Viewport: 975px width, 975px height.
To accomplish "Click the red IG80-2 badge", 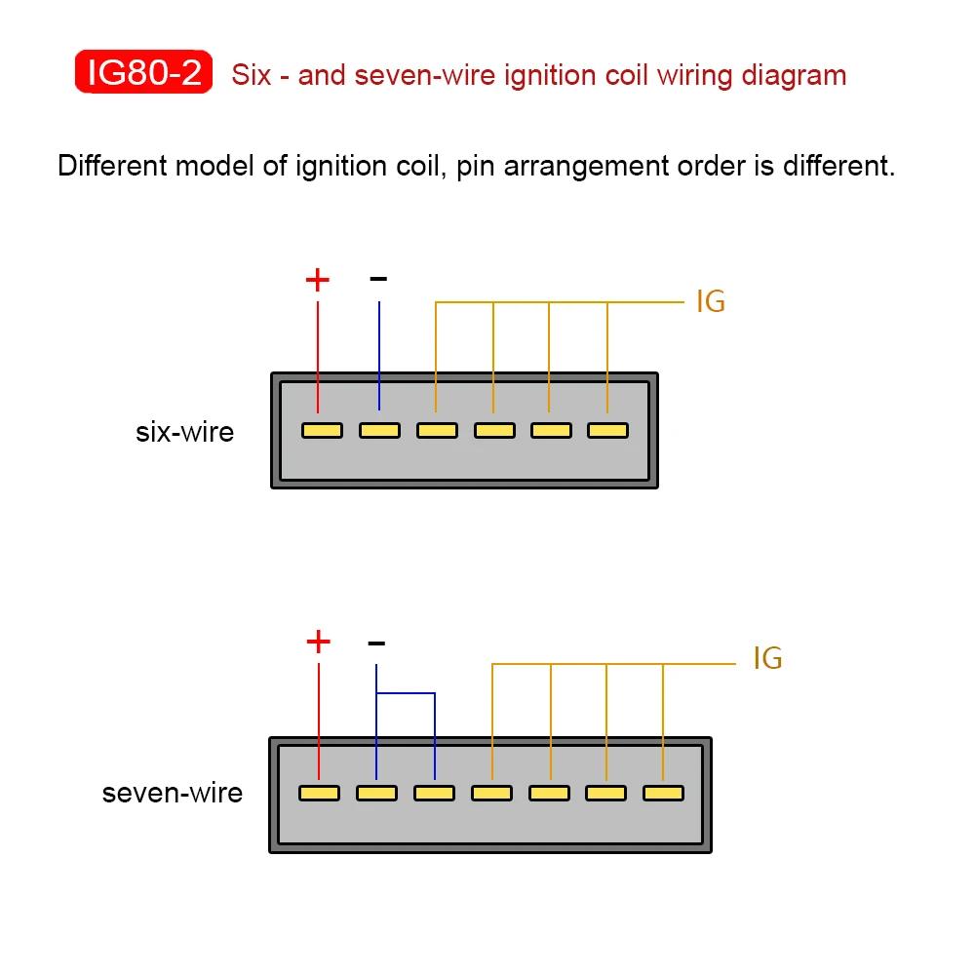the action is click(143, 72).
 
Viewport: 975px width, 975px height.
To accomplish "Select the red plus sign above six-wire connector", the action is click(317, 280).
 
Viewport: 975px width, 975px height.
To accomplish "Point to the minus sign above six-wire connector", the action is click(378, 279).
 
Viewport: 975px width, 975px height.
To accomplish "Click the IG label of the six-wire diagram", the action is click(711, 301).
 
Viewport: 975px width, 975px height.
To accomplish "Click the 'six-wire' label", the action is click(184, 432).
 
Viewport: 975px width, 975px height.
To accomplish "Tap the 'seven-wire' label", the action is click(173, 793).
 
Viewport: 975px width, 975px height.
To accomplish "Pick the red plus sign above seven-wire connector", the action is click(319, 642).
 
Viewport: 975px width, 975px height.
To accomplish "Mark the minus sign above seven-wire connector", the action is click(376, 643).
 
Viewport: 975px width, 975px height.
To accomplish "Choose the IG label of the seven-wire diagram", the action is click(768, 658).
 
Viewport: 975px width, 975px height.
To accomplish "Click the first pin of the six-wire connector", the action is click(322, 430).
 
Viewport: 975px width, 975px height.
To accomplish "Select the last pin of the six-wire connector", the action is click(608, 430).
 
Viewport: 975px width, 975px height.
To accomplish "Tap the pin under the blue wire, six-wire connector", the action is click(379, 430).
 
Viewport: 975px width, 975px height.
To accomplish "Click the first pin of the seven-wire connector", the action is click(319, 793).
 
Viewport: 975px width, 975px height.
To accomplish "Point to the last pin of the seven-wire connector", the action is click(663, 793).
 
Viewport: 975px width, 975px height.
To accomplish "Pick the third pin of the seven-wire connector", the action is click(434, 793).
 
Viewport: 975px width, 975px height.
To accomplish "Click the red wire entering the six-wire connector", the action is click(318, 357).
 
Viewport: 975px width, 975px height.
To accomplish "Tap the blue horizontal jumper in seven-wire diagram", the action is click(406, 692).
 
